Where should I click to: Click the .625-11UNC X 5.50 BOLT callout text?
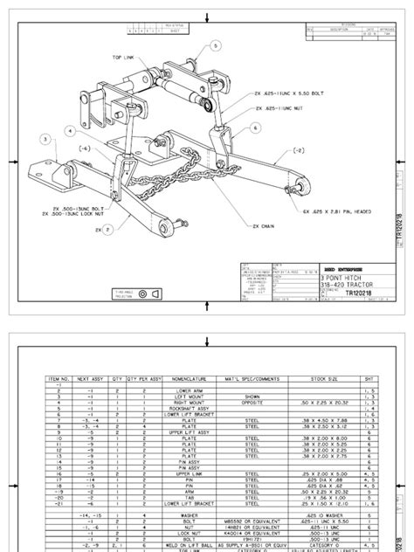(287, 93)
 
